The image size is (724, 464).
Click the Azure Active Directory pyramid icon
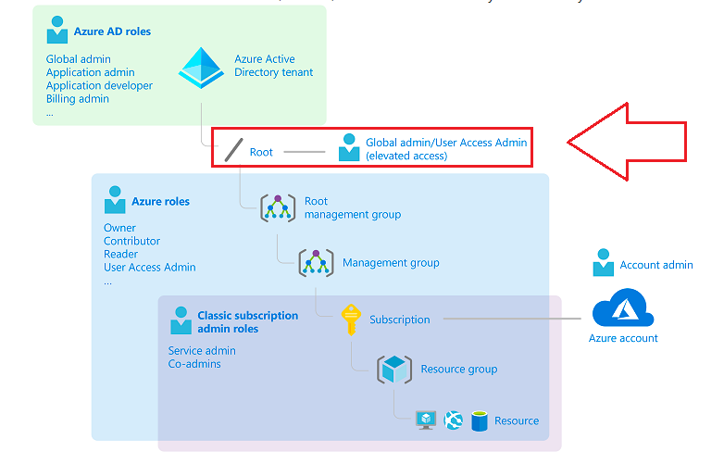pyautogui.click(x=200, y=67)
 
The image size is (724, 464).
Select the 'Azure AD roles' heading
pyautogui.click(x=112, y=31)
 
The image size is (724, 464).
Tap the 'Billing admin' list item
pyautogui.click(x=78, y=99)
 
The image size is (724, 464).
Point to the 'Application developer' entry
pyautogui.click(x=99, y=85)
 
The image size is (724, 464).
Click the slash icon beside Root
pyautogui.click(x=233, y=151)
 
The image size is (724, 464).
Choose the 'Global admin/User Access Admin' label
pyautogui.click(x=446, y=143)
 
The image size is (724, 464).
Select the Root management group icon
pyautogui.click(x=277, y=207)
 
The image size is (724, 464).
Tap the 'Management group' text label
pyautogui.click(x=391, y=263)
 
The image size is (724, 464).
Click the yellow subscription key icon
pyautogui.click(x=350, y=319)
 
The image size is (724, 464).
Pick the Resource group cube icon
pyautogui.click(x=394, y=369)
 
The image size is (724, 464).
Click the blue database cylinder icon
pyautogui.click(x=480, y=420)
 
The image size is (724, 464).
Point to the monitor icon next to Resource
pyautogui.click(x=425, y=420)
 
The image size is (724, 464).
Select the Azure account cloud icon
pyautogui.click(x=623, y=308)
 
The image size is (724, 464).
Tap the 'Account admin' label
pyautogui.click(x=656, y=265)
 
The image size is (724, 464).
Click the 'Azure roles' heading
pyautogui.click(x=160, y=201)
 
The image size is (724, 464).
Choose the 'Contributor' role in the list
pyautogui.click(x=131, y=241)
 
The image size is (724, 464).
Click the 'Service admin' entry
pyautogui.click(x=202, y=351)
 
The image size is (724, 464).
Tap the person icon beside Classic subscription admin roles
pyautogui.click(x=181, y=321)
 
